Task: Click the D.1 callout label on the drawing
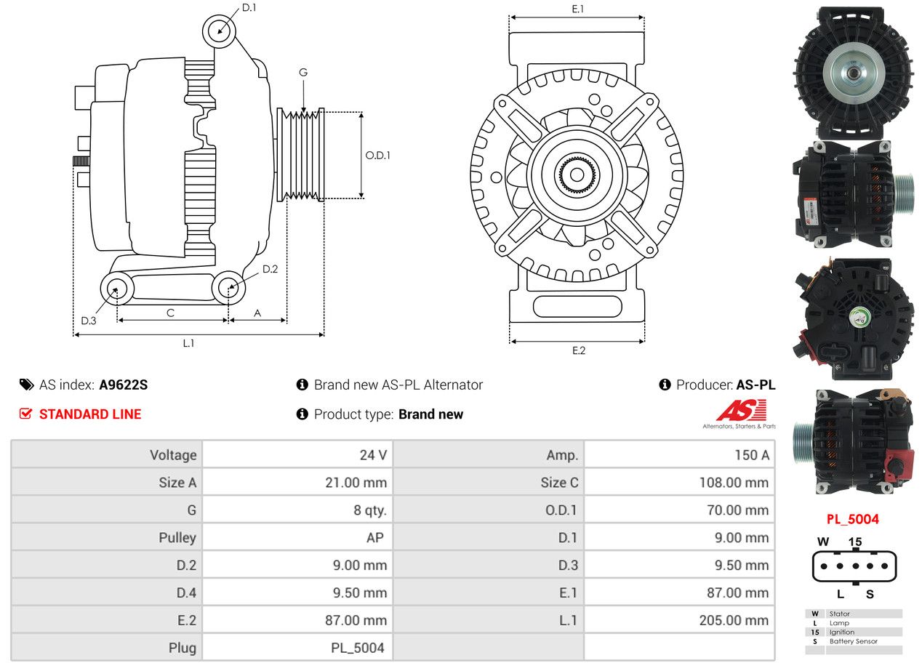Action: [x=249, y=7]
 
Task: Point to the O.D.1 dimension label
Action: [x=377, y=156]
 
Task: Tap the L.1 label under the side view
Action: [x=188, y=343]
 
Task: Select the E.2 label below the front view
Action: [x=578, y=350]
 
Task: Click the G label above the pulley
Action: [x=303, y=73]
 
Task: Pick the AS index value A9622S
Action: [x=124, y=385]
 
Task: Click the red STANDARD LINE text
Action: [x=90, y=414]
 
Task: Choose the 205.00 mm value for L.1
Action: [x=734, y=620]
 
